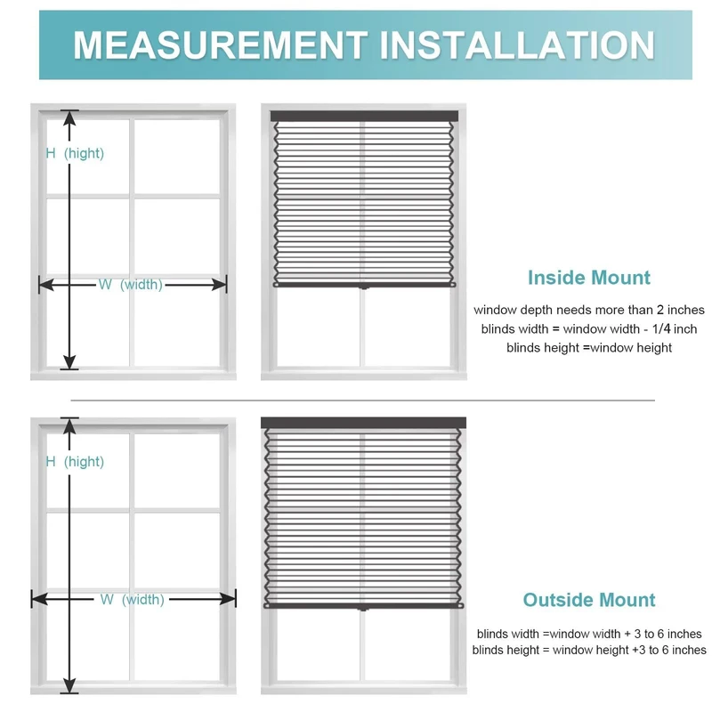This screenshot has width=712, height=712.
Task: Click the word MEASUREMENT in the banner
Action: pos(219,45)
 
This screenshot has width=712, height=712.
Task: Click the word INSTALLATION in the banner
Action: pos(515,45)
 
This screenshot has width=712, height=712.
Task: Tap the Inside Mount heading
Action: pos(589,278)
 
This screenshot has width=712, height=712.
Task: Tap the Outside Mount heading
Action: pos(589,600)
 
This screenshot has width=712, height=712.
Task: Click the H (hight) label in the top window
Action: pos(75,153)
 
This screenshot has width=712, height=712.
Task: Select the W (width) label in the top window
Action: pos(131,285)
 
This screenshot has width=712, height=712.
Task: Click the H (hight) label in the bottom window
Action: pos(75,461)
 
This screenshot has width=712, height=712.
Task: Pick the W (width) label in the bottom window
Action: pos(132,600)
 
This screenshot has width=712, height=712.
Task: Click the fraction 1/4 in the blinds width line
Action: pos(660,329)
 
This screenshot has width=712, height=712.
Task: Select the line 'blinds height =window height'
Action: pos(589,348)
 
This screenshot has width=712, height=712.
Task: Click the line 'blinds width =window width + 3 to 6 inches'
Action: pos(589,634)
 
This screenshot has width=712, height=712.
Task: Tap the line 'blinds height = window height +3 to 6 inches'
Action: pos(589,651)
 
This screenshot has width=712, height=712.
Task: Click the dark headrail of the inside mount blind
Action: pos(363,117)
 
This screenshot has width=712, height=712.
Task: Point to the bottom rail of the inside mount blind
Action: pos(363,285)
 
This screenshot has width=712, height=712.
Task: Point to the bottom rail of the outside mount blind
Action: pos(363,606)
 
